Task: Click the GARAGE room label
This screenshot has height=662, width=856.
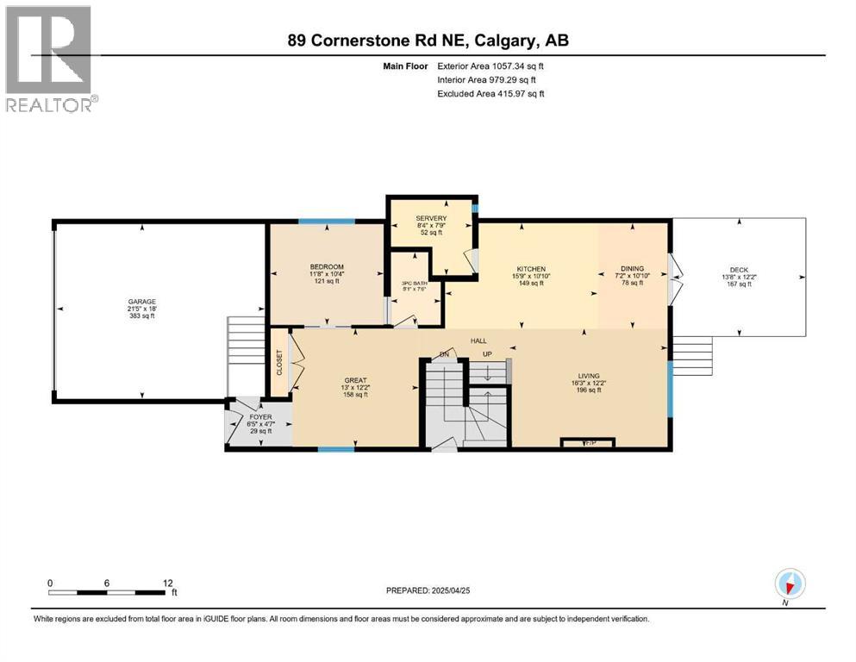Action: [x=142, y=302]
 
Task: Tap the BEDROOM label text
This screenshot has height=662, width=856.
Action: [x=327, y=266]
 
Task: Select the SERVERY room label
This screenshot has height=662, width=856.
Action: [x=430, y=218]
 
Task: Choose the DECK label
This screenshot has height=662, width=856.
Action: [x=740, y=269]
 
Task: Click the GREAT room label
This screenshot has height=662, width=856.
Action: [x=355, y=380]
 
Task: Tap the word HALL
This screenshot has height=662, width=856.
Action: [x=478, y=340]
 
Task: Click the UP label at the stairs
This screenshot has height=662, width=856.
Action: [x=487, y=354]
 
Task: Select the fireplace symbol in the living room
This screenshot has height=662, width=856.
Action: [x=588, y=443]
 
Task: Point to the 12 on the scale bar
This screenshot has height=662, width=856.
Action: [x=167, y=582]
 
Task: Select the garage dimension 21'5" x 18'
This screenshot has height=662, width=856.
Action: [x=142, y=309]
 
